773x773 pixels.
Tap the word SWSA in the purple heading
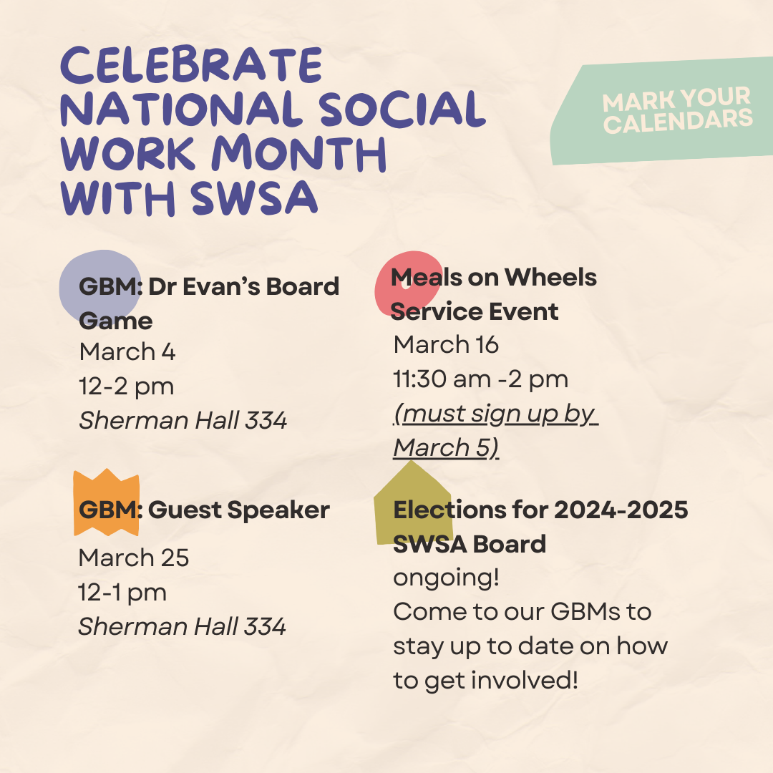click(x=254, y=198)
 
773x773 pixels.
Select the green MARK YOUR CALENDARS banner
click(x=661, y=111)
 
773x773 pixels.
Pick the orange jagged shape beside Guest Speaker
click(x=107, y=502)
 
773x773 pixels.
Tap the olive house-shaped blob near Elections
click(x=413, y=503)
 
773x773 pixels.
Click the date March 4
click(x=127, y=352)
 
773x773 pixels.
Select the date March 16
click(x=446, y=344)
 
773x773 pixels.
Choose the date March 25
click(x=134, y=558)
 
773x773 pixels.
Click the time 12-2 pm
click(x=127, y=386)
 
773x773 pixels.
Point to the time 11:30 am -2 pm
click(x=481, y=379)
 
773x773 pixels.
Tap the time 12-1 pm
click(x=122, y=593)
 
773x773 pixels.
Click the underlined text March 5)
click(x=446, y=447)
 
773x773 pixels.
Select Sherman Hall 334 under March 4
click(x=183, y=421)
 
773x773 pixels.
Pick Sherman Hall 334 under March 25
click(x=182, y=626)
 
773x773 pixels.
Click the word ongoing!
click(x=446, y=578)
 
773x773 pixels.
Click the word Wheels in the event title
click(x=550, y=277)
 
